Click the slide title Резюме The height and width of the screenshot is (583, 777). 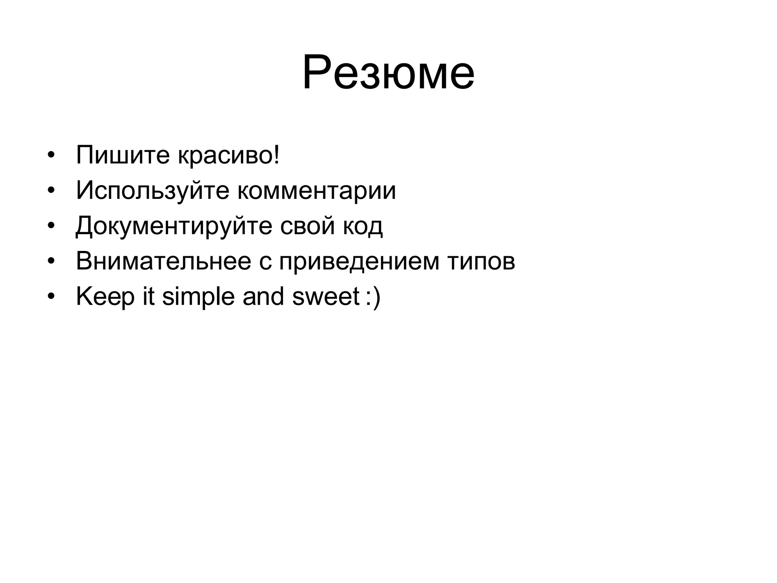click(388, 72)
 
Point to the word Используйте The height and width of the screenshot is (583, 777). click(153, 191)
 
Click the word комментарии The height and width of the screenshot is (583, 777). click(317, 191)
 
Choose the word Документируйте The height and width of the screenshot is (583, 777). click(174, 226)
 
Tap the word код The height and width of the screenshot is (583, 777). click(363, 226)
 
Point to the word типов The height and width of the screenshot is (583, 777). click(481, 262)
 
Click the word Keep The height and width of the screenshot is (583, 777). click(105, 297)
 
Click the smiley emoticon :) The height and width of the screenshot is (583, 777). click(373, 297)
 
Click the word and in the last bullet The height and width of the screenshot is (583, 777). click(263, 296)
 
